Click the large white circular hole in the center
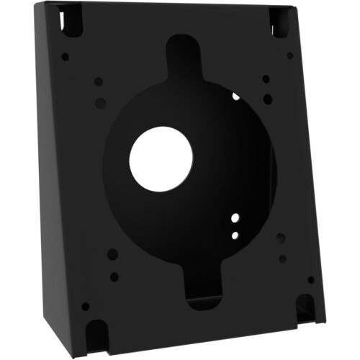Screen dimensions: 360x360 click(161, 159)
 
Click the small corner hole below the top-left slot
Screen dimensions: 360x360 click(66, 56)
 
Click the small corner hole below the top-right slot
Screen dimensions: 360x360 click(290, 55)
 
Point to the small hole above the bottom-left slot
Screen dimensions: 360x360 click(86, 306)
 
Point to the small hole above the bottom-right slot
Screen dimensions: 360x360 click(311, 279)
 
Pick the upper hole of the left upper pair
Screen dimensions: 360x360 click(99, 81)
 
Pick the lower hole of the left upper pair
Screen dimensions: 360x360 click(100, 103)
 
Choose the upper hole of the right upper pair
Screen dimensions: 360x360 click(266, 79)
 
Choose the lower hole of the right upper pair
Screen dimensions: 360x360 click(268, 99)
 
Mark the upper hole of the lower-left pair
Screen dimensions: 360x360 click(112, 254)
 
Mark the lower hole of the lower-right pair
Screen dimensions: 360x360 click(282, 258)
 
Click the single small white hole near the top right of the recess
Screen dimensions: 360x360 click(235, 96)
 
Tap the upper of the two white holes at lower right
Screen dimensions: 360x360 click(235, 217)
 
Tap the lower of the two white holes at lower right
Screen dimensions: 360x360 click(235, 234)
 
